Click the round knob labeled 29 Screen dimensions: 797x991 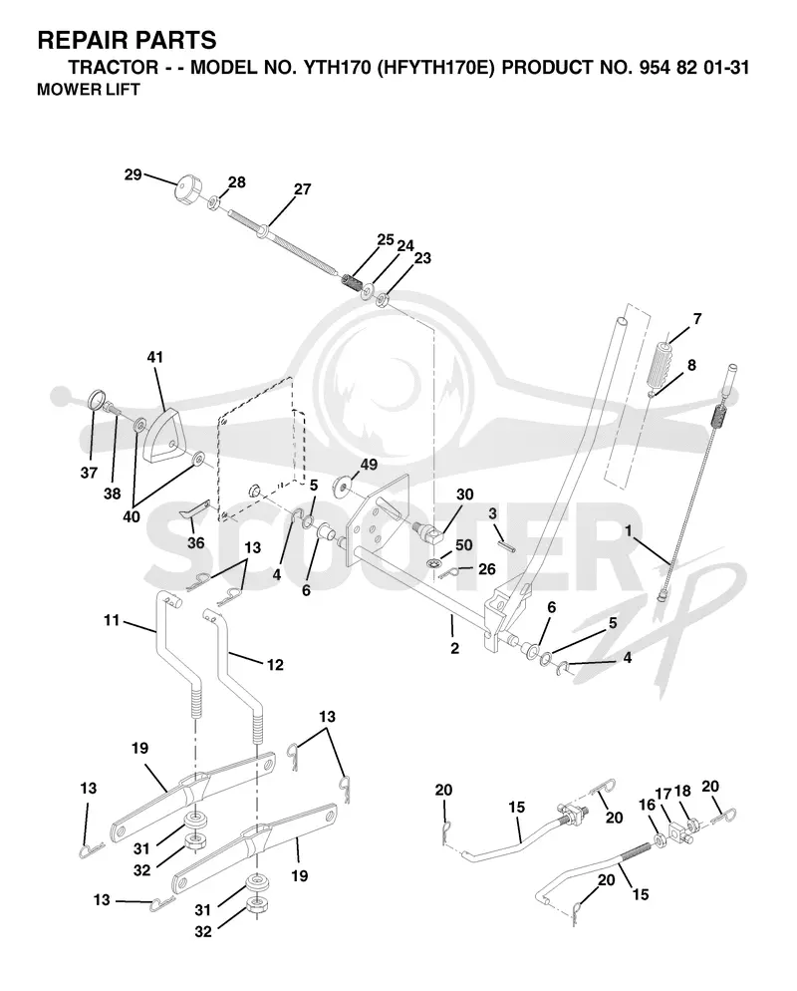pyautogui.click(x=187, y=189)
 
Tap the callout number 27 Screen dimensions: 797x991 pyautogui.click(x=303, y=189)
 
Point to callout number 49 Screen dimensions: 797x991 pyautogui.click(x=369, y=465)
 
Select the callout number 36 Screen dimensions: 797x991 pyautogui.click(x=196, y=543)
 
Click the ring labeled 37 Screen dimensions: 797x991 pyautogui.click(x=97, y=401)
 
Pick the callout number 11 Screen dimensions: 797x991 pyautogui.click(x=112, y=621)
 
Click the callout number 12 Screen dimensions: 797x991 pyautogui.click(x=275, y=665)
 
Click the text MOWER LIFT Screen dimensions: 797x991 pyautogui.click(x=89, y=90)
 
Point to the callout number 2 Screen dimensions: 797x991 pyautogui.click(x=454, y=648)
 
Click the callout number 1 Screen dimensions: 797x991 pyautogui.click(x=628, y=531)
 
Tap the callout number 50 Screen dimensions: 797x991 pyautogui.click(x=463, y=544)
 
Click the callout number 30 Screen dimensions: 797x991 pyautogui.click(x=464, y=495)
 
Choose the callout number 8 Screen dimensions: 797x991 pyautogui.click(x=691, y=365)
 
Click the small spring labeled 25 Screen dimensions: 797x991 pyautogui.click(x=350, y=279)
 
